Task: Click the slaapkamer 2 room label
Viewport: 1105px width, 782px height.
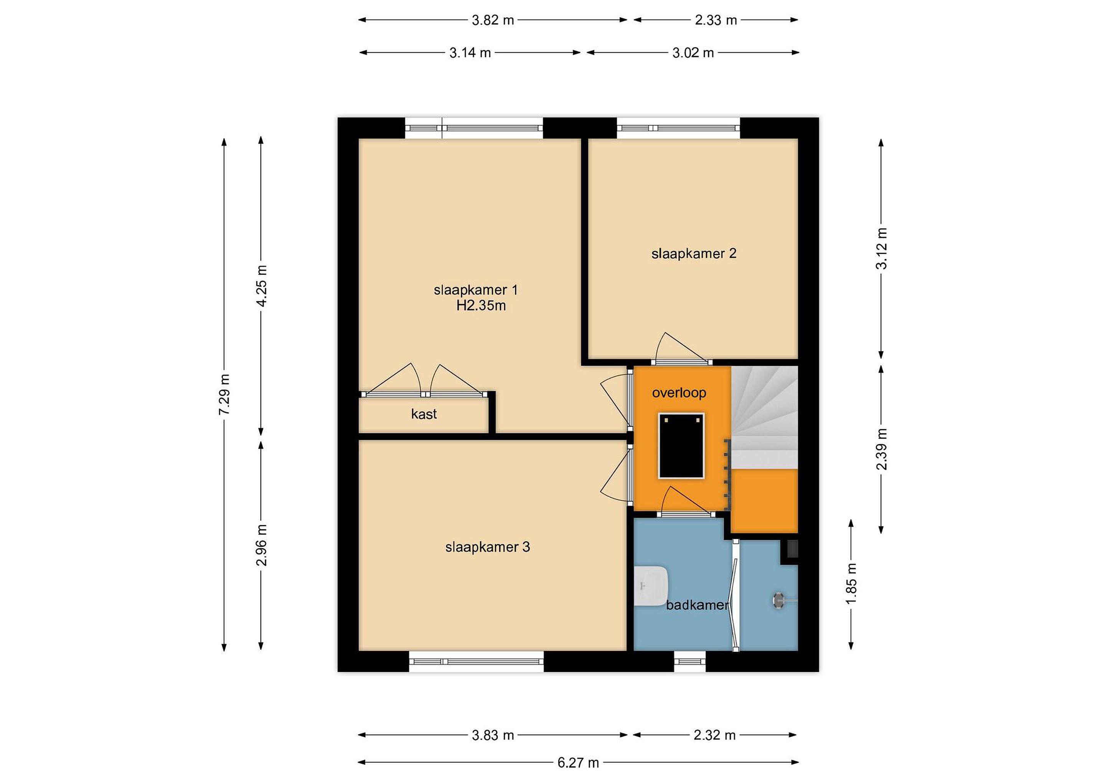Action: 694,253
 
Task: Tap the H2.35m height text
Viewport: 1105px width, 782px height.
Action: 481,306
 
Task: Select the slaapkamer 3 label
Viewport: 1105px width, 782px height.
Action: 488,547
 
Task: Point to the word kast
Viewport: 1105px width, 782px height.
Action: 424,414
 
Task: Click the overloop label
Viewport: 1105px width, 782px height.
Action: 679,393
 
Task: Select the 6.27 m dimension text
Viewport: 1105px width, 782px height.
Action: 578,763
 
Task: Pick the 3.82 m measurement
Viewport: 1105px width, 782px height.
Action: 493,20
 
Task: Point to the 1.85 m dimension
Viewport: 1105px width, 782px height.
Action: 851,583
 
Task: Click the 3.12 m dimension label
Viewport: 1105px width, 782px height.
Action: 881,248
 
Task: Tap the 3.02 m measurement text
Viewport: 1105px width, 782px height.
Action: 693,53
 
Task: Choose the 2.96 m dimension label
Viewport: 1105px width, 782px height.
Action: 261,545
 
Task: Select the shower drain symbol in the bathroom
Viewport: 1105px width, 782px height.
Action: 779,600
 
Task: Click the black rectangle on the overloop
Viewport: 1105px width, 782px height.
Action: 681,445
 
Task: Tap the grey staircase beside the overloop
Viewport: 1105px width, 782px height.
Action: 764,417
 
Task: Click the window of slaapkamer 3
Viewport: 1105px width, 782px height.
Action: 477,661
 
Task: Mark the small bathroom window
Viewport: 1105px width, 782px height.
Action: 689,661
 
